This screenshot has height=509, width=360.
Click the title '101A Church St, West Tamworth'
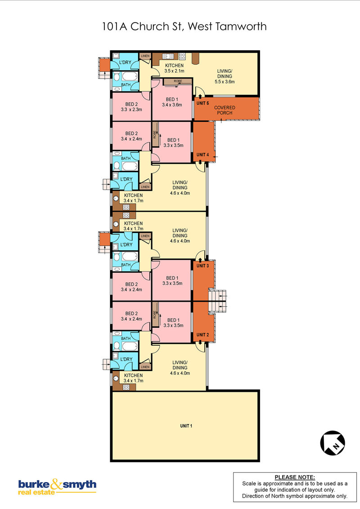184,26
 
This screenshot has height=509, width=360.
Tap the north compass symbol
333,443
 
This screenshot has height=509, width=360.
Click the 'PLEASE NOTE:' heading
295,477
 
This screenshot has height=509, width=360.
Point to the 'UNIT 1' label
186,426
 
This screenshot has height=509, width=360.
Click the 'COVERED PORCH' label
225,110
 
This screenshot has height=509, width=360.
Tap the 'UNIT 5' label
203,103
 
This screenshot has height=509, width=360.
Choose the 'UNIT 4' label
203,155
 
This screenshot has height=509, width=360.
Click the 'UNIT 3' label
203,266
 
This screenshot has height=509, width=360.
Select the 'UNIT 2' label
203,335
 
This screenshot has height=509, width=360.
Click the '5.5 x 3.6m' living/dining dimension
225,82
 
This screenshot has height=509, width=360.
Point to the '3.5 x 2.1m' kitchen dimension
174,71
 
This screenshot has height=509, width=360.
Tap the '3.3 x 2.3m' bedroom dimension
131,110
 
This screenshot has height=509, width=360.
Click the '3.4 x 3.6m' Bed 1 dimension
172,105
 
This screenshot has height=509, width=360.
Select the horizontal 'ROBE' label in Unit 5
178,81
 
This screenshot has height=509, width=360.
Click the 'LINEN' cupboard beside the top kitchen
145,56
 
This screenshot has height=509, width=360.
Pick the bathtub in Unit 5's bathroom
130,76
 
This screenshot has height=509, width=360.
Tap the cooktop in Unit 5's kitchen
182,56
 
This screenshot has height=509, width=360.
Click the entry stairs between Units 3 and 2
217,301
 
